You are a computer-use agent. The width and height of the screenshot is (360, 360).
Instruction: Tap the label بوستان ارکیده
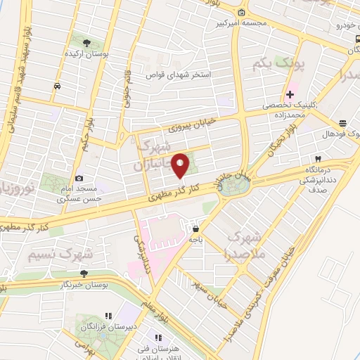(x=86, y=54)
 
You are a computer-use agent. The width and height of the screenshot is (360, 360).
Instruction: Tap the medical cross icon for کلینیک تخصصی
(x=290, y=94)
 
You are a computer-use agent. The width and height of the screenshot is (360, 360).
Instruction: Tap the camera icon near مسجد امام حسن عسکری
(x=79, y=179)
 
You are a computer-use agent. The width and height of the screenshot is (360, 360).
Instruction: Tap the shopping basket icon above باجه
(x=195, y=229)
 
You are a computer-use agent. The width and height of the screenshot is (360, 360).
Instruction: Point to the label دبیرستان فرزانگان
(x=83, y=327)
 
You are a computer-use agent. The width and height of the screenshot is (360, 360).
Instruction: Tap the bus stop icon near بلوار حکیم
(x=57, y=86)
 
